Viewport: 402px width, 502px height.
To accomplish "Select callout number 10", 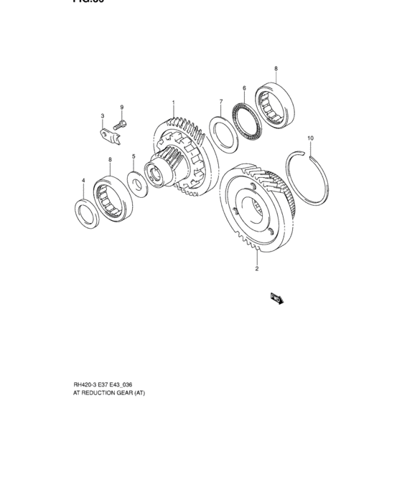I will (310, 137).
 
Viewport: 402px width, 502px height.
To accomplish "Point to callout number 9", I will (122, 108).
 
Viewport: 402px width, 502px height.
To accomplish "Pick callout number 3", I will (103, 115).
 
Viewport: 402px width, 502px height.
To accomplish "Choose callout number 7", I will (220, 101).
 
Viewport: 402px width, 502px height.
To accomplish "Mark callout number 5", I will (134, 156).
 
